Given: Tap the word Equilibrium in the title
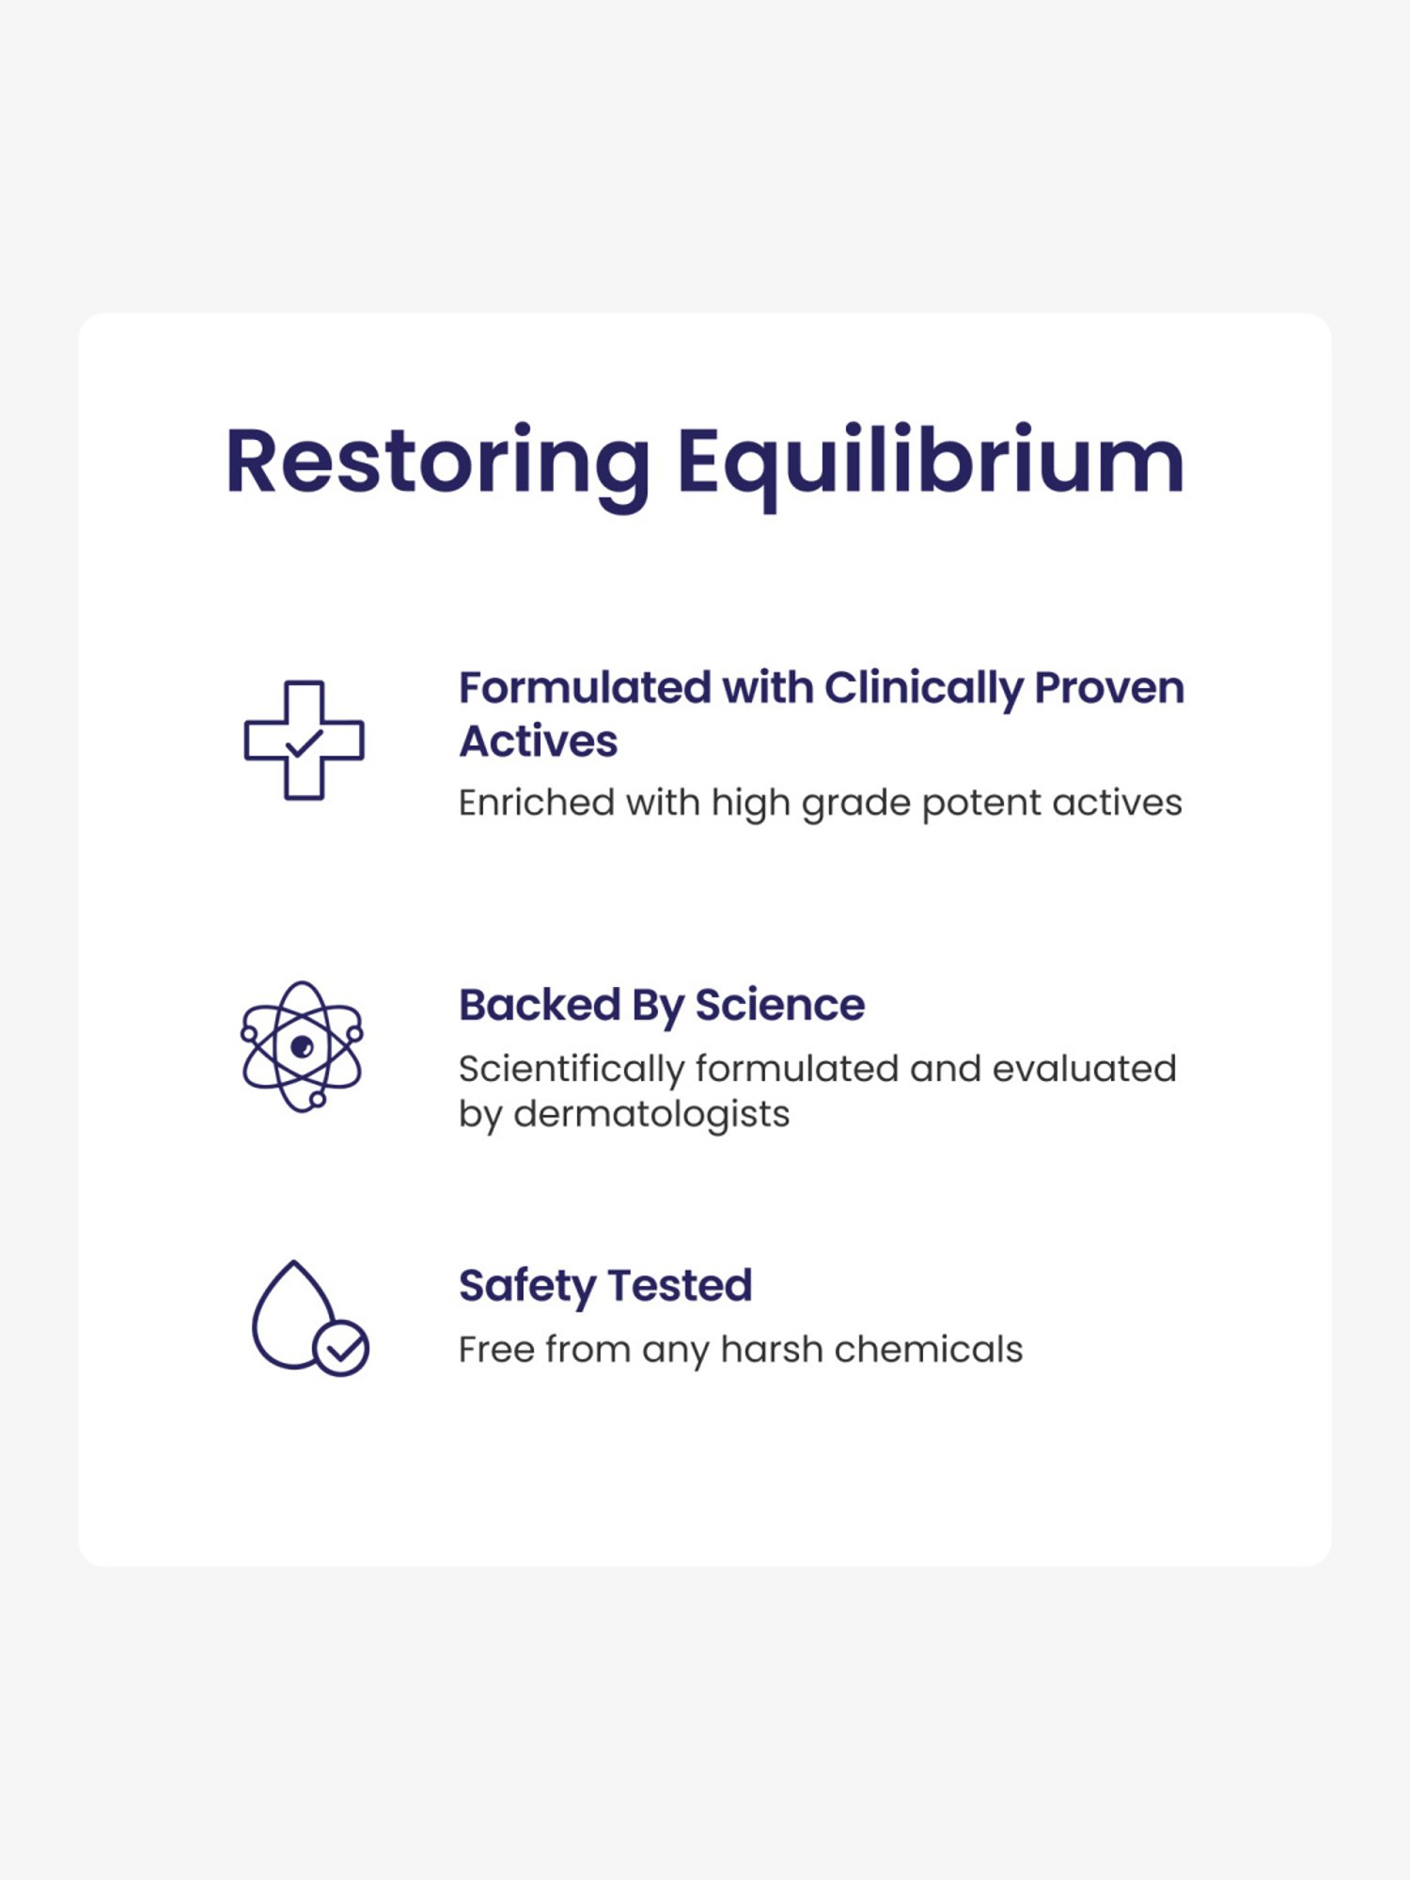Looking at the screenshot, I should tap(930, 462).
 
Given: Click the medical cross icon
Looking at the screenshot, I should tap(304, 741).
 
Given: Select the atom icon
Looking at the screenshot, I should tap(302, 1046).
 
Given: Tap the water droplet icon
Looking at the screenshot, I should tap(293, 1316).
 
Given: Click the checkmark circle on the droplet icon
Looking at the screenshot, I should tap(341, 1349).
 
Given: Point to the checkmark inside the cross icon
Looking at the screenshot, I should tap(304, 744).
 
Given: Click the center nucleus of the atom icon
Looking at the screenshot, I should tap(302, 1046).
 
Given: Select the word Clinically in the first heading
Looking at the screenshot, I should tap(923, 689).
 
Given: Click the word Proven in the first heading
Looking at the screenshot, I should tap(1109, 689).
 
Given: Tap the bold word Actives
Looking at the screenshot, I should tap(539, 742).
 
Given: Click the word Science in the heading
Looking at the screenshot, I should tap(780, 1005).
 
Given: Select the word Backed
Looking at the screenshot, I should tap(540, 1005).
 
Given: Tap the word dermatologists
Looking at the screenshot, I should tap(651, 1114).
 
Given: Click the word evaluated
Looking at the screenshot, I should tap(1084, 1069).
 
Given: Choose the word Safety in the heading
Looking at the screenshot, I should tap(527, 1286).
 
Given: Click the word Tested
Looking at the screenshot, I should tap(681, 1285).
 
